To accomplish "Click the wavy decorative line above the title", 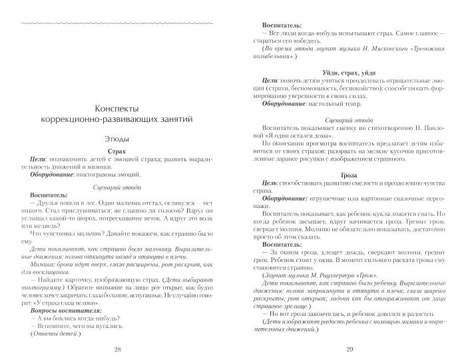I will tap(117, 23).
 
